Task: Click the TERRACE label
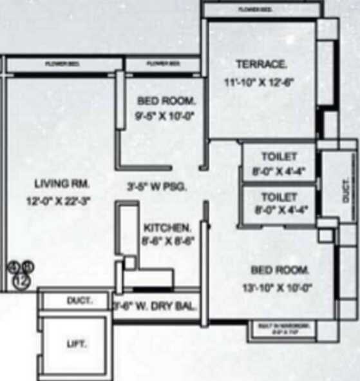(261, 64)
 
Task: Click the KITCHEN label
(167, 228)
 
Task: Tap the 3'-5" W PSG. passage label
(156, 188)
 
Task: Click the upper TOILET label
(279, 157)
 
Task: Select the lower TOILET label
(279, 197)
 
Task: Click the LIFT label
(76, 344)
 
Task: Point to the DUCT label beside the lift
(79, 301)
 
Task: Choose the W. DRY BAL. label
(156, 306)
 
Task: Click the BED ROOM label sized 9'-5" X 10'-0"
(166, 101)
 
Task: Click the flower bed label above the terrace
(255, 10)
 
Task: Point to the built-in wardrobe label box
(287, 329)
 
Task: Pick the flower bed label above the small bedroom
(163, 64)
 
